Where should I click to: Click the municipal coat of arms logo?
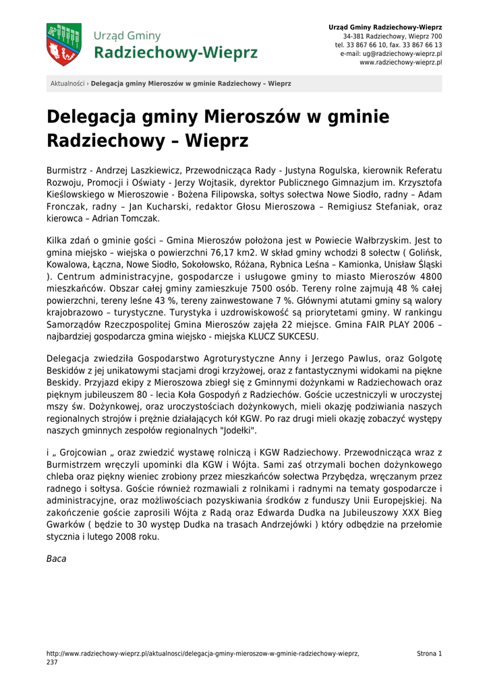(64, 44)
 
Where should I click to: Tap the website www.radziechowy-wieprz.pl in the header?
(401, 62)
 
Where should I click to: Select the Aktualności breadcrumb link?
(67, 84)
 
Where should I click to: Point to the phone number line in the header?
(389, 44)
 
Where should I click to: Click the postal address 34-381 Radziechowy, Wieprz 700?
(393, 36)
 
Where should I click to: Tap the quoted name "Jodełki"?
(236, 431)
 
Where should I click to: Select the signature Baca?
(56, 559)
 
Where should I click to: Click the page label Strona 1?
(429, 654)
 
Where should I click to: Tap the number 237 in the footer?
(52, 662)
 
